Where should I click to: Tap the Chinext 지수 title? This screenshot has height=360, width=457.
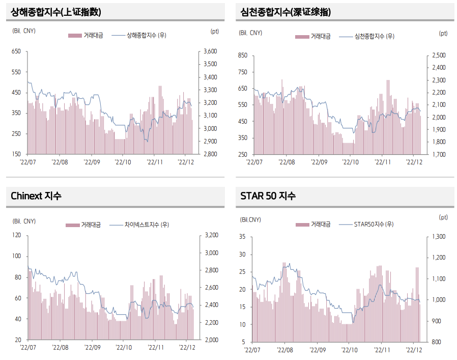pyautogui.click(x=36, y=196)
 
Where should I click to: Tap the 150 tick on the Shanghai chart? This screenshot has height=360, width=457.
pyautogui.click(x=16, y=154)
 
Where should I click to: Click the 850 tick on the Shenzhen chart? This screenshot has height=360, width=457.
pyautogui.click(x=242, y=56)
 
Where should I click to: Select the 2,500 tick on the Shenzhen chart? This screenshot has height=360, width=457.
pyautogui.click(x=439, y=56)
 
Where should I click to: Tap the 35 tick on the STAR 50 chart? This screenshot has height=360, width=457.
pyautogui.click(x=242, y=237)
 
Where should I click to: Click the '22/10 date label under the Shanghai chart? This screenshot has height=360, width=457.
pyautogui.click(x=123, y=162)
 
